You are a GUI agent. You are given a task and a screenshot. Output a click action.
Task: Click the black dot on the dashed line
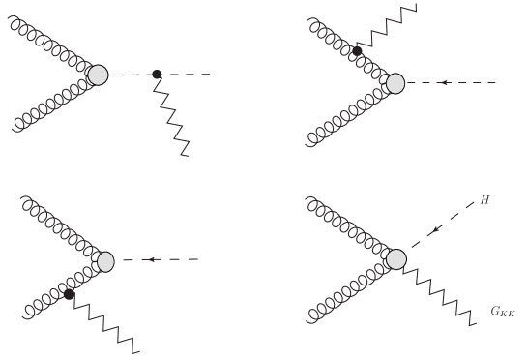click(157, 74)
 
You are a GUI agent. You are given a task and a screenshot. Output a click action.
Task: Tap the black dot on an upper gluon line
click(357, 50)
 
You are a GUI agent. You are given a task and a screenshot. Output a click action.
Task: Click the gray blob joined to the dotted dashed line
click(100, 74)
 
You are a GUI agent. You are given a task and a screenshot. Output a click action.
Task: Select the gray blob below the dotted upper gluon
click(395, 83)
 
